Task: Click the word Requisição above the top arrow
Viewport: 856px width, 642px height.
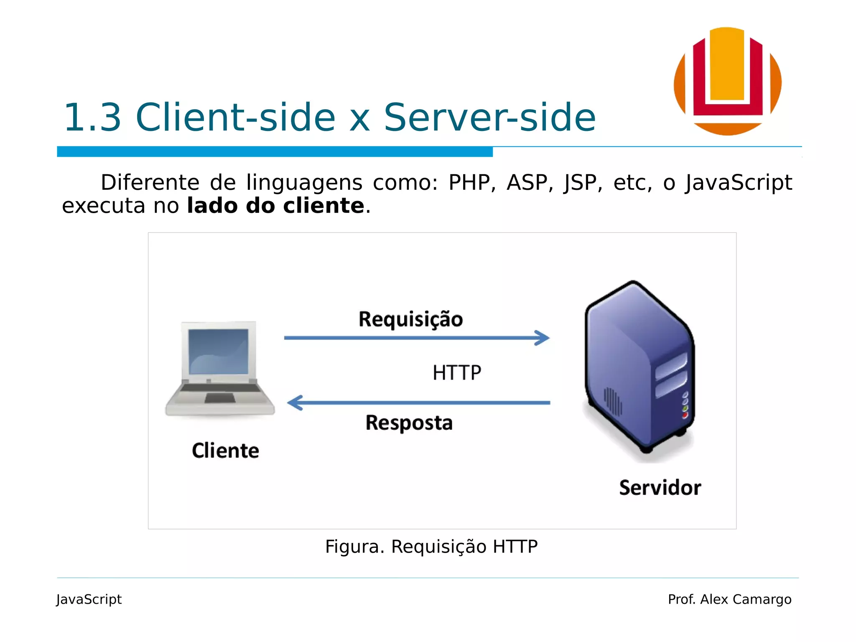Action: tap(411, 320)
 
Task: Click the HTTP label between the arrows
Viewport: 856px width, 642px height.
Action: tap(457, 372)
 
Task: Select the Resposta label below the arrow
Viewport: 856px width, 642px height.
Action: tap(409, 423)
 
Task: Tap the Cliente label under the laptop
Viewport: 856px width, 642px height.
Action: tap(225, 451)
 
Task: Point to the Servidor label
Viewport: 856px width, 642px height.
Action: tap(660, 488)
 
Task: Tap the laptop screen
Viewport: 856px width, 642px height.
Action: tap(218, 351)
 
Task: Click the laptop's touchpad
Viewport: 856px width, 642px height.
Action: tap(220, 398)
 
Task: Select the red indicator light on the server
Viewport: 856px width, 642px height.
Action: tap(685, 415)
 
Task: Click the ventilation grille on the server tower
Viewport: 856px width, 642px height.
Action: tap(613, 401)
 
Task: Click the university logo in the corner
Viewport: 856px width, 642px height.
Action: tap(727, 81)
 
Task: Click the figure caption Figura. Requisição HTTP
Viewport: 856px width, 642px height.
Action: tap(431, 547)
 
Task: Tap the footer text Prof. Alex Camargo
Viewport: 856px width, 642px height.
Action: tap(729, 599)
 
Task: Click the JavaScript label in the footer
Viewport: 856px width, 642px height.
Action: tap(89, 599)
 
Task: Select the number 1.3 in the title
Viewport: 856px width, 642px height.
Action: tap(92, 117)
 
